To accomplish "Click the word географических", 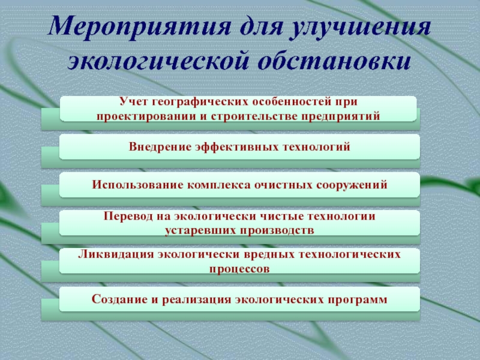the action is [x=200, y=102].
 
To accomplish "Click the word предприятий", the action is [x=340, y=116].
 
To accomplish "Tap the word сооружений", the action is [x=352, y=185].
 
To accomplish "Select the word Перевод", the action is [x=128, y=216].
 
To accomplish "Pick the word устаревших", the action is [x=200, y=230].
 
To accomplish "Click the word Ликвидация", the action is [x=116, y=254].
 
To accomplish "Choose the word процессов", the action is [x=239, y=269].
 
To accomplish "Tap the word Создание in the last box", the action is [x=119, y=299].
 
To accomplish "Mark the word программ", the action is [x=357, y=299].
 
